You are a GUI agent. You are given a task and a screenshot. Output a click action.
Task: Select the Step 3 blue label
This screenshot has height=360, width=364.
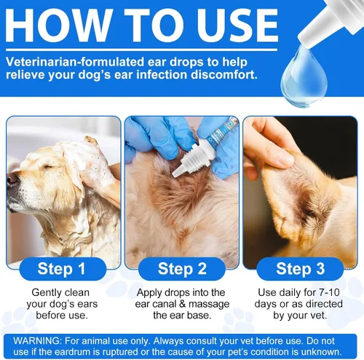click(x=300, y=269)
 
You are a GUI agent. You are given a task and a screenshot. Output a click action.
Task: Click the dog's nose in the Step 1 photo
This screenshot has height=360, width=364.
click(x=12, y=178)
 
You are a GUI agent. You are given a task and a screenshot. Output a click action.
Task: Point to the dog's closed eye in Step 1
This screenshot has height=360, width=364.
click(x=45, y=163)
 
